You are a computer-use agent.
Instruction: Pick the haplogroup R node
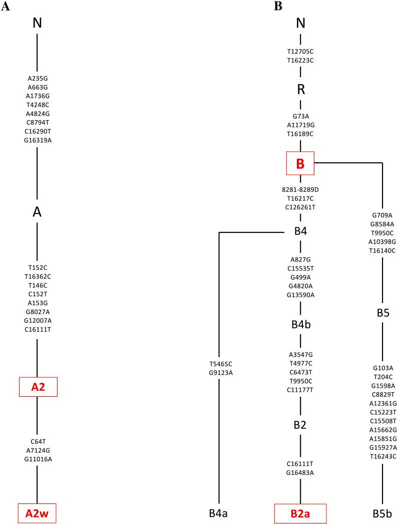[x=301, y=90]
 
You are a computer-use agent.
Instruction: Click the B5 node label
[x=382, y=313]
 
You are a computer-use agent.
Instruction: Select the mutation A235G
[x=38, y=78]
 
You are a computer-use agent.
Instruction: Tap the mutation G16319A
[x=38, y=140]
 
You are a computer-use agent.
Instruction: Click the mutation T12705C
[x=300, y=51]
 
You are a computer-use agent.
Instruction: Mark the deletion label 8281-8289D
[x=300, y=189]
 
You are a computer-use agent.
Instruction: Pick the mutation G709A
[x=382, y=215]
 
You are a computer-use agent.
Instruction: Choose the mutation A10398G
[x=382, y=241]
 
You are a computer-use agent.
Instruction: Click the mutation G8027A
[x=38, y=312]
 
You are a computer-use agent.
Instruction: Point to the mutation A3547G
[x=300, y=355]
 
